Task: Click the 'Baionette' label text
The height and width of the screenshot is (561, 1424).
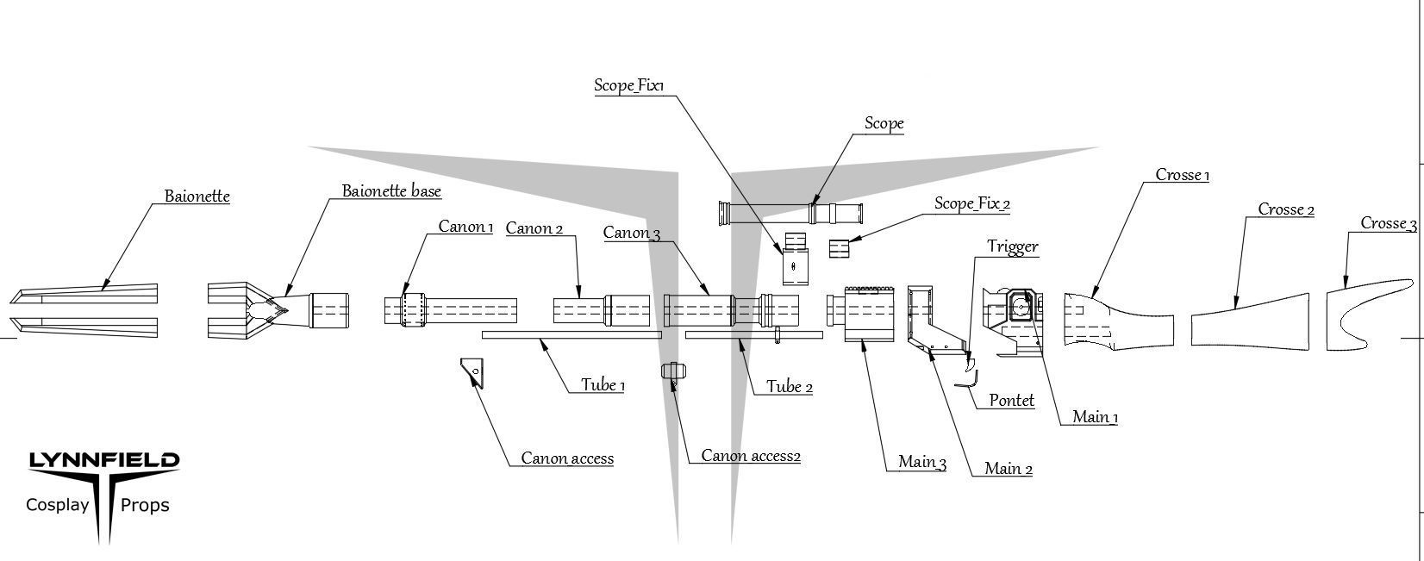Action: [x=197, y=196]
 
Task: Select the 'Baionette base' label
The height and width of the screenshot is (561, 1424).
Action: [x=391, y=190]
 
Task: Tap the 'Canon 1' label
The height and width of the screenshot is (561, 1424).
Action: [x=465, y=227]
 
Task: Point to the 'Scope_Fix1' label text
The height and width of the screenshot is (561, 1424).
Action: [x=629, y=85]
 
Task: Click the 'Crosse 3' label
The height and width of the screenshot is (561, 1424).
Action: [x=1388, y=224]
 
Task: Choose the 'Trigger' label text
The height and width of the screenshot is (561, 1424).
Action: [x=1012, y=247]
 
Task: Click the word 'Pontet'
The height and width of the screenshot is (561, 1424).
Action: [x=1011, y=401]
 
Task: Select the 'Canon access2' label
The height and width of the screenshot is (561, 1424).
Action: [x=750, y=456]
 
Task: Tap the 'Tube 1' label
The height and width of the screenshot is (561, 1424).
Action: [x=603, y=385]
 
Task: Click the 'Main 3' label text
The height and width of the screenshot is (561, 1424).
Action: [x=921, y=462]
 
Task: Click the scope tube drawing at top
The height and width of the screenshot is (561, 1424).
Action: [x=790, y=212]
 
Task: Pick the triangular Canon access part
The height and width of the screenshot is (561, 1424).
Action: [x=472, y=372]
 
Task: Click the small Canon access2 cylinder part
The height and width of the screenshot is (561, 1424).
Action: [x=674, y=371]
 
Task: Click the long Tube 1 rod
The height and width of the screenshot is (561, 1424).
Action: [x=571, y=335]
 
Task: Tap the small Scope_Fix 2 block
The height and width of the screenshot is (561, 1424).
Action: [x=840, y=248]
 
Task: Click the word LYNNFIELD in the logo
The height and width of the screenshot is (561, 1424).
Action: [x=104, y=461]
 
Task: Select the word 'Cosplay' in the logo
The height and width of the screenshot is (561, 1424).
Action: [x=58, y=505]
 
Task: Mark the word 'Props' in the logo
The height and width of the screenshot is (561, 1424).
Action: [x=145, y=505]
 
